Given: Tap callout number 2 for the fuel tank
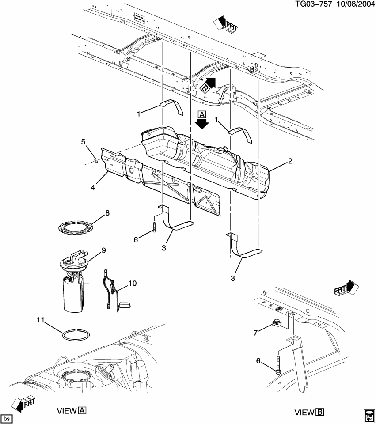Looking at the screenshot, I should point(290,162).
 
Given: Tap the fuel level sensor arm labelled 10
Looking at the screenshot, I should point(110,287).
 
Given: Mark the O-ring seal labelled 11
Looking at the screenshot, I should point(76,336).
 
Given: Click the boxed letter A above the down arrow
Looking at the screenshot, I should point(202,114).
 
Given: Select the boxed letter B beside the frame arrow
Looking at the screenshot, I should point(205,88).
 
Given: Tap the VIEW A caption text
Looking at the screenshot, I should point(71,411).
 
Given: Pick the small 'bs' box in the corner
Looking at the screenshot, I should point(6,418).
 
